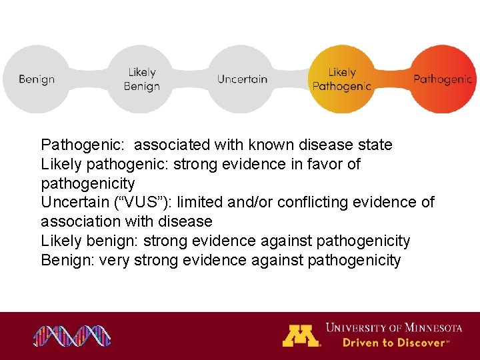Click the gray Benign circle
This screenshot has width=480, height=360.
pyautogui.click(x=37, y=79)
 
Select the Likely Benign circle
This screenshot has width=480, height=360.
pyautogui.click(x=141, y=79)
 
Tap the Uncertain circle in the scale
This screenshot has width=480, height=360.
pyautogui.click(x=242, y=79)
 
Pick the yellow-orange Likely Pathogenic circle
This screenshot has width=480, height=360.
pyautogui.click(x=341, y=79)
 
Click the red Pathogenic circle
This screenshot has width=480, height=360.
pyautogui.click(x=442, y=79)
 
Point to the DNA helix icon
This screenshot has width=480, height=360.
pyautogui.click(x=73, y=336)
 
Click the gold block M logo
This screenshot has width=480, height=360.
pyautogui.click(x=301, y=335)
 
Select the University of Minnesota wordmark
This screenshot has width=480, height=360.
pyautogui.click(x=393, y=327)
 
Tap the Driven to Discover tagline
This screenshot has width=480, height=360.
pyautogui.click(x=396, y=343)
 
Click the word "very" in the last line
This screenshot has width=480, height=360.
pyautogui.click(x=114, y=260)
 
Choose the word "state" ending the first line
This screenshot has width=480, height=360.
pyautogui.click(x=375, y=145)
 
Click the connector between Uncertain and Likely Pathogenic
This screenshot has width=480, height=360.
pyautogui.click(x=291, y=79)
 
